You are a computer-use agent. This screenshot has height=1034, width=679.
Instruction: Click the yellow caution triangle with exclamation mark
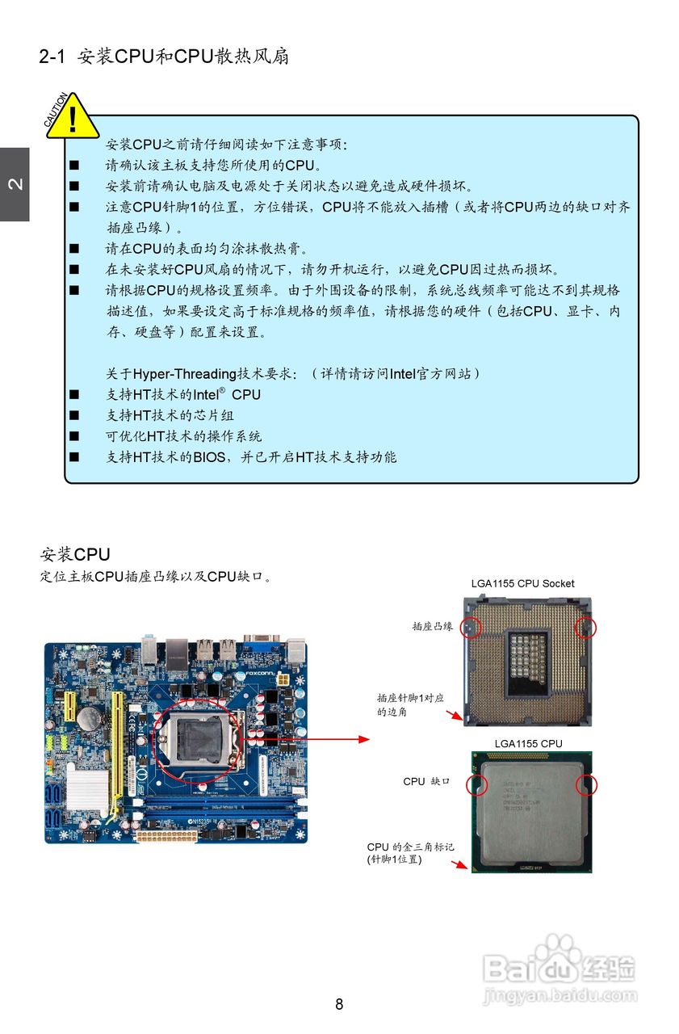(73, 118)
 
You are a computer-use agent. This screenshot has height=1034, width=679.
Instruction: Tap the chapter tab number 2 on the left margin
(15, 184)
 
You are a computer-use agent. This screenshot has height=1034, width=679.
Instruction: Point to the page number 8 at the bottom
(339, 1004)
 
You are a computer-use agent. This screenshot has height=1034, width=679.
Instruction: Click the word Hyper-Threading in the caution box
(185, 374)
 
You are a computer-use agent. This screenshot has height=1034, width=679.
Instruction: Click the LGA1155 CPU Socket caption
(522, 583)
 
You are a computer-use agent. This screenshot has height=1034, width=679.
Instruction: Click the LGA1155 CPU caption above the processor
(528, 743)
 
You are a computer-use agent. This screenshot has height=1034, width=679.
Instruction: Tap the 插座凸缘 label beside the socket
(432, 626)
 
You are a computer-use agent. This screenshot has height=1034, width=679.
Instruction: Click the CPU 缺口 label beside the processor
(426, 782)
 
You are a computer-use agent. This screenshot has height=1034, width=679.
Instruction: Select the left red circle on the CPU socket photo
(471, 627)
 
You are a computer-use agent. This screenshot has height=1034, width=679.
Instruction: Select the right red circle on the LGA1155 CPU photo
(585, 785)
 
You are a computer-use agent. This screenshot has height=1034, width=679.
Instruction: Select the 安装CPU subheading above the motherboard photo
(74, 555)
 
